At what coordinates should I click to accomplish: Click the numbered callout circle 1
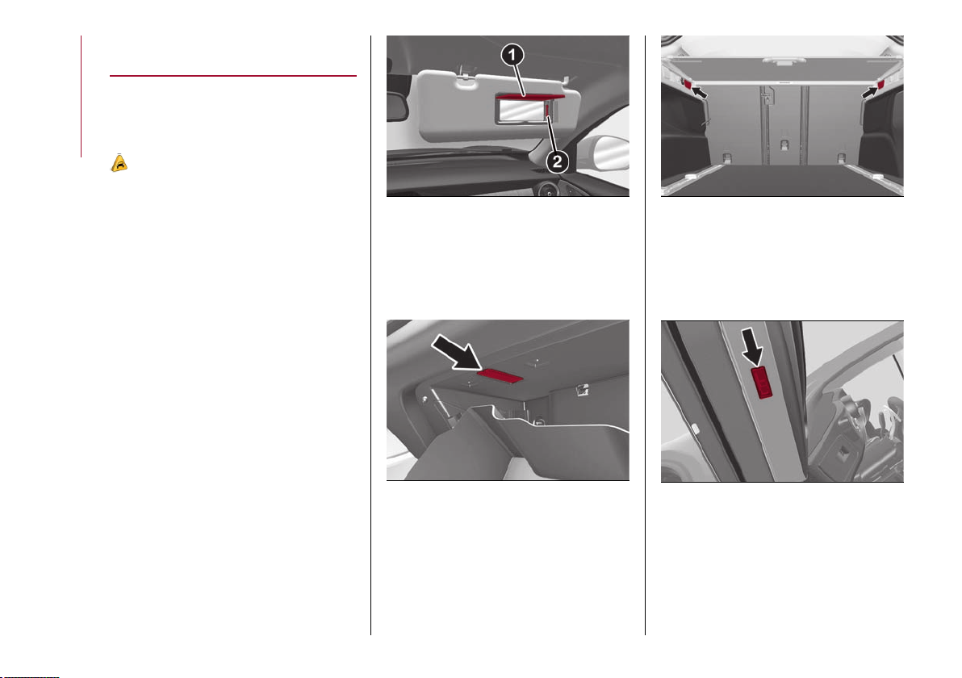[512, 55]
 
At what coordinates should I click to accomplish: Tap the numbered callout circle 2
[557, 162]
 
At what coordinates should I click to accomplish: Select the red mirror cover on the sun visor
[530, 96]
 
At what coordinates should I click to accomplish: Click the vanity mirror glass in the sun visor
[521, 111]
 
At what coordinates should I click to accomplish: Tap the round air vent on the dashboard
[545, 190]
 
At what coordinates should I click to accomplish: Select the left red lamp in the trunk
[687, 83]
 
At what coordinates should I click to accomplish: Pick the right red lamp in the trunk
[881, 83]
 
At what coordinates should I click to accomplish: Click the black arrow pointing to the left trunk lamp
[699, 93]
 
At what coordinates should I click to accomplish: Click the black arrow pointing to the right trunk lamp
[869, 93]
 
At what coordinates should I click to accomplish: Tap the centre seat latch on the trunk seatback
[784, 145]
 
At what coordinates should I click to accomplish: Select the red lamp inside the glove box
[500, 375]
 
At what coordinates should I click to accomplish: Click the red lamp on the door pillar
[762, 383]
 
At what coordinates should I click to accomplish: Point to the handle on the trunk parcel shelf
[781, 61]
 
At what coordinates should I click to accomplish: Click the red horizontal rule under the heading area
[233, 76]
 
